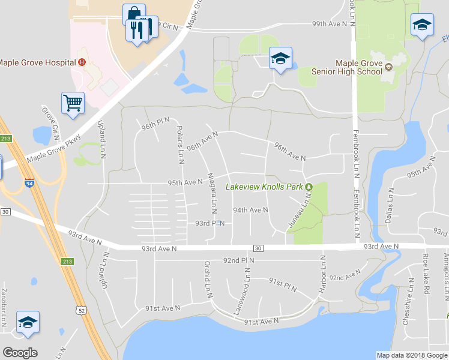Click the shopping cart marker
click(x=73, y=103)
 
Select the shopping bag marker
click(x=133, y=14)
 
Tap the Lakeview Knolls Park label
click(x=264, y=187)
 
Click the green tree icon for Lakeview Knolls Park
click(x=309, y=187)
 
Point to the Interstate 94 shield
click(x=29, y=184)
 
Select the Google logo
click(x=20, y=353)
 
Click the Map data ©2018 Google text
click(x=411, y=355)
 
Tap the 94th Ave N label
click(x=250, y=210)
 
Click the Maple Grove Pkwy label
click(x=54, y=154)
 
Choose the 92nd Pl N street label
click(x=238, y=260)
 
